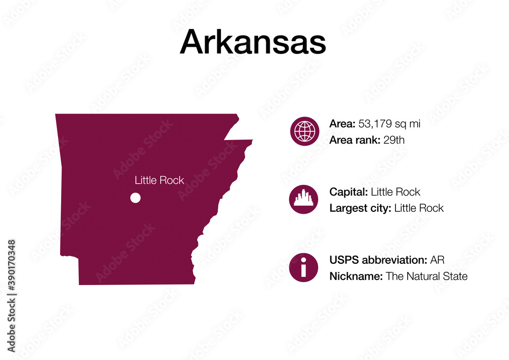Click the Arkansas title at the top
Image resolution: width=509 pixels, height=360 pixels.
252,42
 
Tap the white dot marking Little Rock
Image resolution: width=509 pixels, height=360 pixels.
135,198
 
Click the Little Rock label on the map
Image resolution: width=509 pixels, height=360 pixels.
159,180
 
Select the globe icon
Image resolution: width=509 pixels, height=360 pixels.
304,131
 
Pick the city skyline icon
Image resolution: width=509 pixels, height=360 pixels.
304,199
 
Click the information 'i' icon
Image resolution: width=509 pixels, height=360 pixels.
304,267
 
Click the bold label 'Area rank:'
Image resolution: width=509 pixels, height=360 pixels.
354,140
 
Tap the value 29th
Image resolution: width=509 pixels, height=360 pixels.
394,140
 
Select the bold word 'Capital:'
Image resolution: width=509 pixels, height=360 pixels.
349,192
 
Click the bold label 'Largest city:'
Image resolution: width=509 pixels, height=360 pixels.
360,208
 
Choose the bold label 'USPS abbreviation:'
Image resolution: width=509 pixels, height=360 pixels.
378,260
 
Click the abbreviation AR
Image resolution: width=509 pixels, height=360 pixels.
437,260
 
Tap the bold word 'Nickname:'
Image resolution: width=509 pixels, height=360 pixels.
356,276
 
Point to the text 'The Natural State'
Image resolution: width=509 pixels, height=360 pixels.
427,276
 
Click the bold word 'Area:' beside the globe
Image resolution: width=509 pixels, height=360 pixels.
343,123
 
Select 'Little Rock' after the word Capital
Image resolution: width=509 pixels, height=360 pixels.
395,192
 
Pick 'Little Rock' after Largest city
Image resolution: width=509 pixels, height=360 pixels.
419,208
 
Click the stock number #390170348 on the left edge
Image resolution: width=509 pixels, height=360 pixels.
12,273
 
